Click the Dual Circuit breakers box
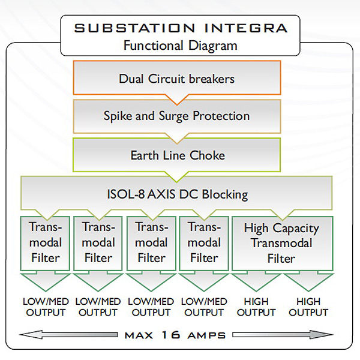[x=176, y=79]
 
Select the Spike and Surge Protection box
[x=176, y=116]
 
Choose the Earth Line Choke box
[x=176, y=155]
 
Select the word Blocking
[x=225, y=194]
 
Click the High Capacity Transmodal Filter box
[x=281, y=243]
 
